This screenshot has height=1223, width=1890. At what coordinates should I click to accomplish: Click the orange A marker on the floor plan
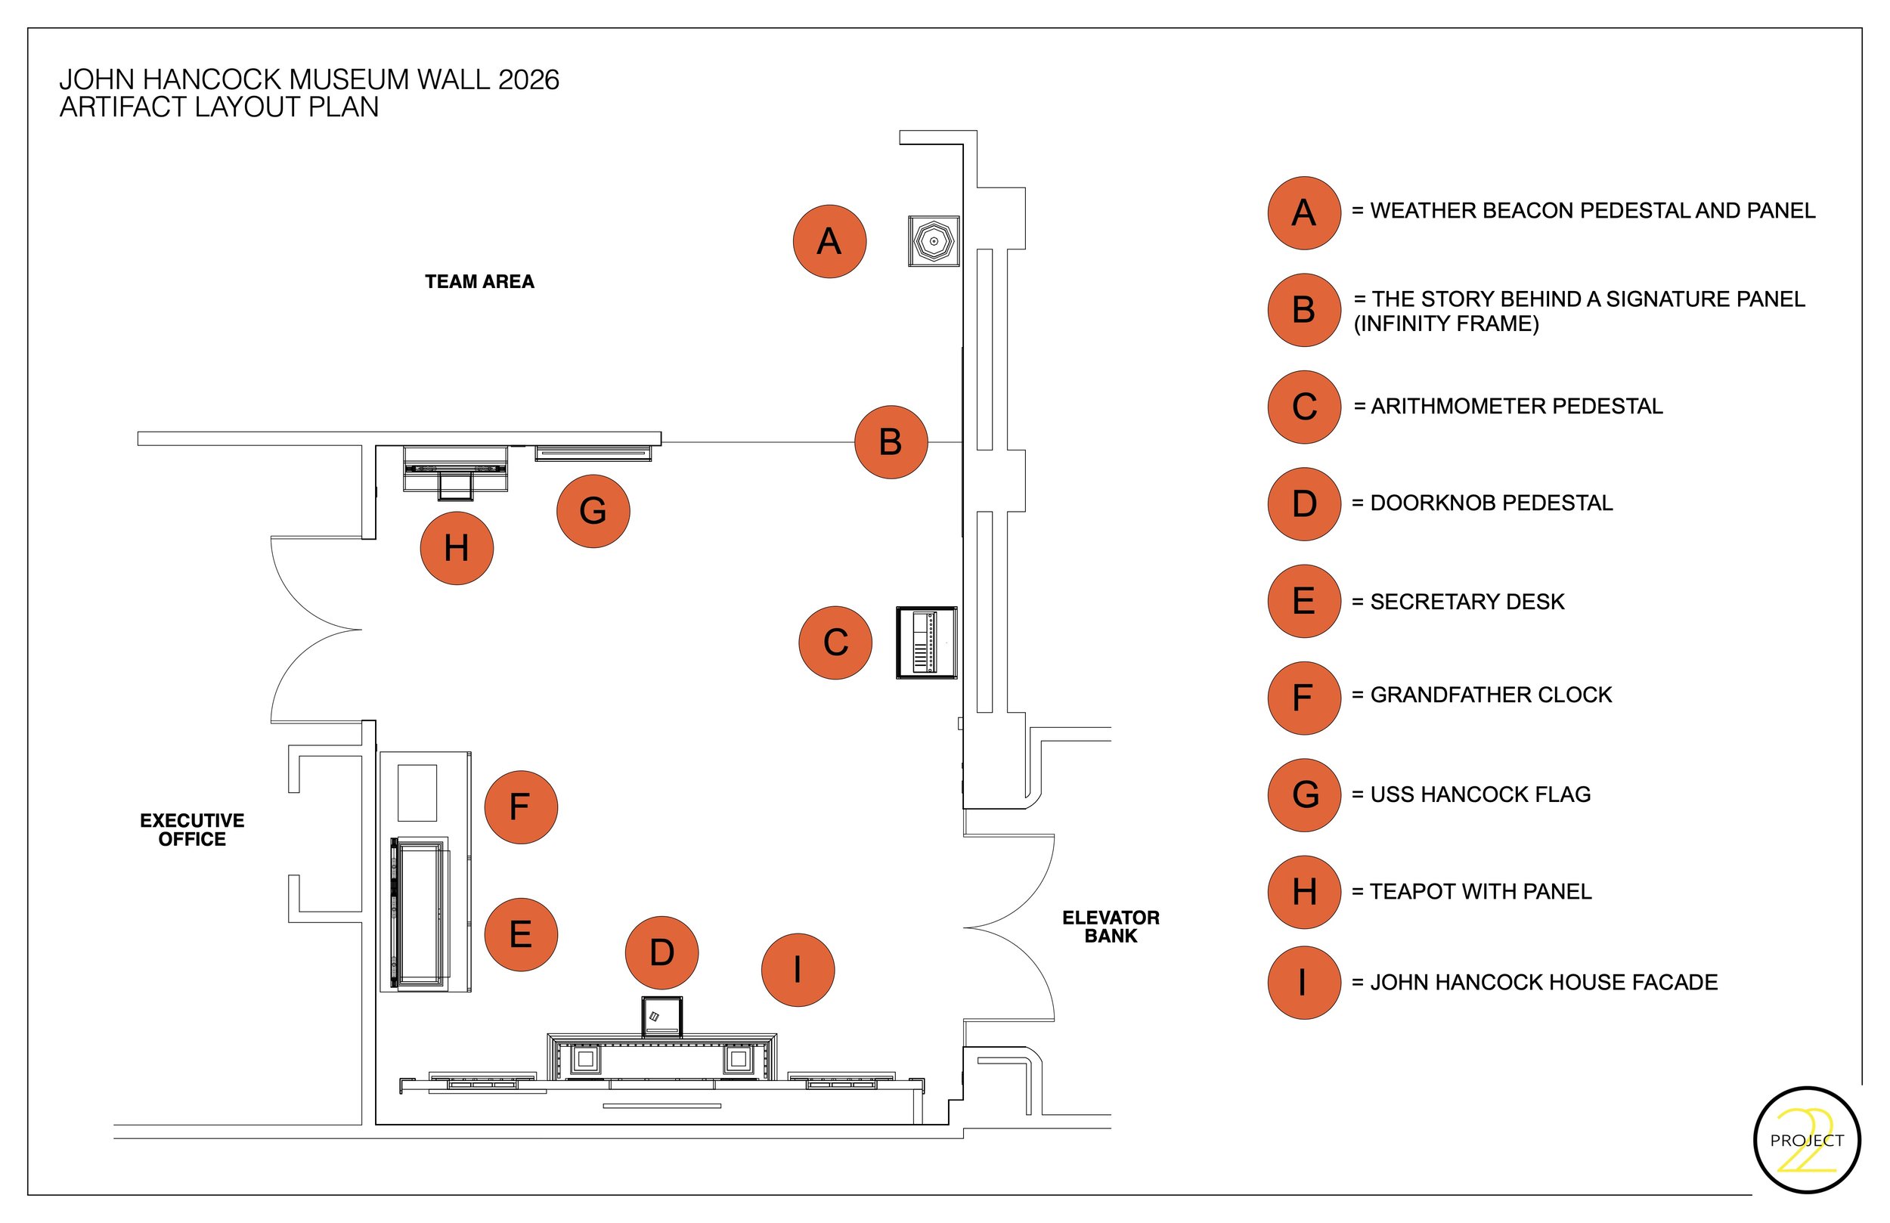pos(829,241)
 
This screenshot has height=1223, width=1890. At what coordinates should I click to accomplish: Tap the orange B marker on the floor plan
pos(891,442)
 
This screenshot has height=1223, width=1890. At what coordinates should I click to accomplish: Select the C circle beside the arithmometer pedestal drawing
pos(835,642)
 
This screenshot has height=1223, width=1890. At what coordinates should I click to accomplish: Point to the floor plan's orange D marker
pos(662,953)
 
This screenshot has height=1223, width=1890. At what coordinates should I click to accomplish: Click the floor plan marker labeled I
pos(798,970)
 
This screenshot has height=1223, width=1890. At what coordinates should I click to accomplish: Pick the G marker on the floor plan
pos(593,512)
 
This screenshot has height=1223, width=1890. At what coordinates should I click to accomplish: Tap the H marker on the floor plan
pos(457,549)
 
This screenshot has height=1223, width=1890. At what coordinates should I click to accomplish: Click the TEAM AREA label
pos(479,282)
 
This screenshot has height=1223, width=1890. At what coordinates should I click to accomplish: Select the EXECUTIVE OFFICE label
pos(192,830)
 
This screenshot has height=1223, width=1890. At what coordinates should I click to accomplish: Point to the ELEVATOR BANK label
pos(1111,927)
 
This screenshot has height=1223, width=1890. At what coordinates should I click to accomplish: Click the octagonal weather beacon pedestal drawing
pos(934,241)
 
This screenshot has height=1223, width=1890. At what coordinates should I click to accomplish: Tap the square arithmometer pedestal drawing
pos(927,642)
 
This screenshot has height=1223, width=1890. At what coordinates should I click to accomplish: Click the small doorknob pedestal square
pos(661,1017)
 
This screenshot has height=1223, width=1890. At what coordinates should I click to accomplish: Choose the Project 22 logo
pos(1807,1140)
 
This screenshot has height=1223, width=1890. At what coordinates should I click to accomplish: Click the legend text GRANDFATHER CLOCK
pos(1492,695)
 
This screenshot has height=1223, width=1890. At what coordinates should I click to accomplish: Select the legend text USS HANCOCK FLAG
pos(1480,794)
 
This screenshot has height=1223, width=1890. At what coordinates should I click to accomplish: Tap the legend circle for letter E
pos(1304,601)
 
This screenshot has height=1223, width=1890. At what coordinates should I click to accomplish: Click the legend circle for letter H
pos(1304,892)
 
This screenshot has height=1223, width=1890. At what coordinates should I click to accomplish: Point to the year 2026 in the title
pos(528,79)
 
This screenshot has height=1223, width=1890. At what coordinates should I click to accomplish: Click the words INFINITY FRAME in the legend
pos(1446,324)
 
